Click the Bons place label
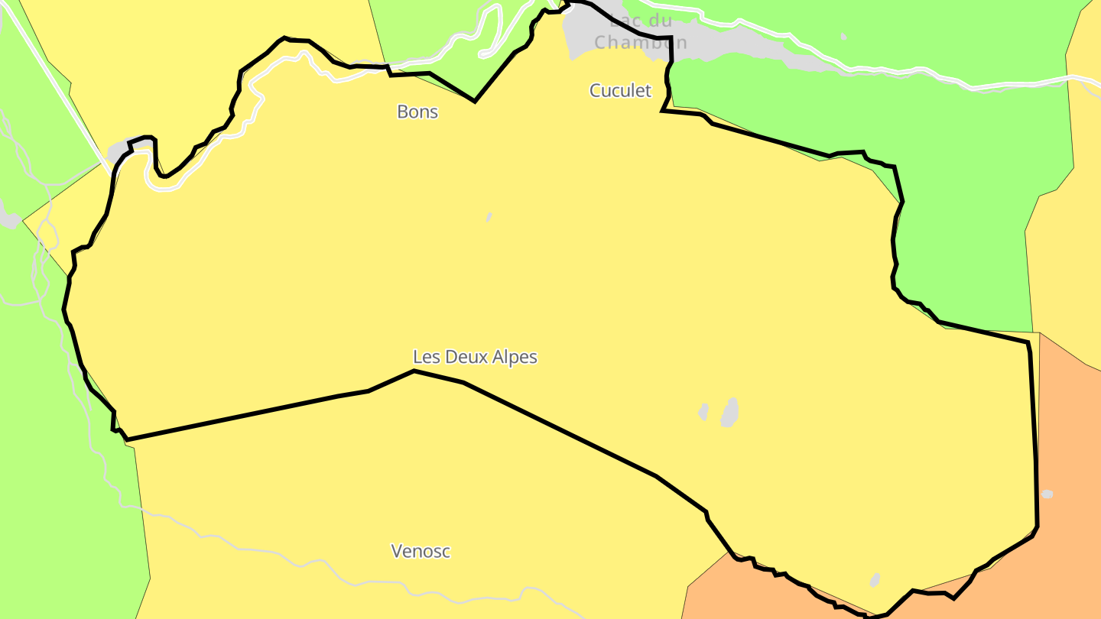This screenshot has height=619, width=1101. [417, 112]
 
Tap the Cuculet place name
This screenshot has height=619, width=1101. [620, 90]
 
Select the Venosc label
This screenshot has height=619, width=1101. [421, 551]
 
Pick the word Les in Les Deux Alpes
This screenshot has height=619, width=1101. [426, 357]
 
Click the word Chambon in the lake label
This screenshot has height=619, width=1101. [641, 43]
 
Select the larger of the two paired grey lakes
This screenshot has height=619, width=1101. [730, 412]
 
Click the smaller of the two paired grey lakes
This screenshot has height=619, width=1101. [703, 412]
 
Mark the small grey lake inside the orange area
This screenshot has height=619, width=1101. [1047, 494]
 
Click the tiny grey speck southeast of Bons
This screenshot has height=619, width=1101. [489, 218]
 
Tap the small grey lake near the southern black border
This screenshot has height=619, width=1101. [875, 580]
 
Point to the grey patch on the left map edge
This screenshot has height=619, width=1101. [9, 219]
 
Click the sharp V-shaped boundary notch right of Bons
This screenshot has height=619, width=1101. [475, 100]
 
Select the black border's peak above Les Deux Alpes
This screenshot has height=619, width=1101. [414, 371]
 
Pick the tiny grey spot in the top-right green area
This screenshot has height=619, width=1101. [843, 36]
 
